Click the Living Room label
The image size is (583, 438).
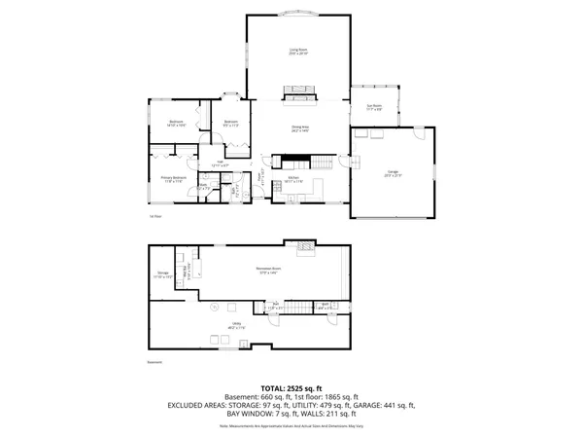coord(297,51)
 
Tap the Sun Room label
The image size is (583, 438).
coord(373,107)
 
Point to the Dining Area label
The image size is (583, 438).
coord(300,128)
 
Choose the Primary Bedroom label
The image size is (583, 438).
coord(174,179)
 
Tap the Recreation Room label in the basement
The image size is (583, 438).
coord(268,270)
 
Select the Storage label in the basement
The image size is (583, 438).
coord(163,274)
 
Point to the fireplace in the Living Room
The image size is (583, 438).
coord(299,93)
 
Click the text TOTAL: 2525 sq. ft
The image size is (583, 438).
coord(291,387)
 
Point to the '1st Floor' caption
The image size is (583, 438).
coord(154,217)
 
